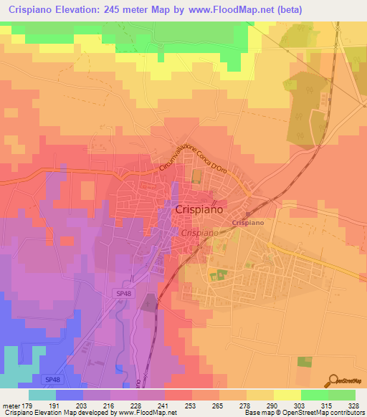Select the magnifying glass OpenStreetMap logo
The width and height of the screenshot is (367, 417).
tap(335, 380)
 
